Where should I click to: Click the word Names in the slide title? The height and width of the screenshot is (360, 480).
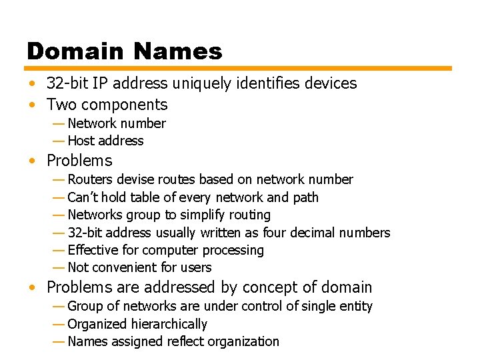click(178, 51)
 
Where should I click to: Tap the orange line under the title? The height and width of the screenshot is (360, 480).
click(238, 68)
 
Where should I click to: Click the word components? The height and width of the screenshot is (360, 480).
click(125, 105)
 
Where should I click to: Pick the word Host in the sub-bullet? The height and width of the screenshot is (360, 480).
click(81, 141)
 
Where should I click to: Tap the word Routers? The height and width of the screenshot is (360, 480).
click(89, 179)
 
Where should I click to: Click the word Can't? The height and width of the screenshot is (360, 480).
click(83, 197)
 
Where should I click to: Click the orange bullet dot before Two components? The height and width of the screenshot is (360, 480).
click(32, 105)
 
